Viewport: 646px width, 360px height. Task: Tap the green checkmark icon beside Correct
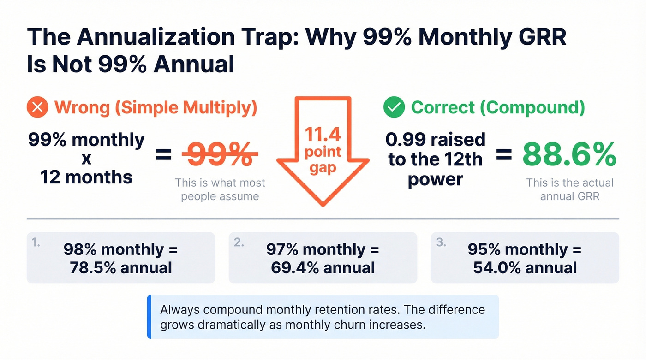[394, 108]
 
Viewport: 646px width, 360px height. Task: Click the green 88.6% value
[570, 155]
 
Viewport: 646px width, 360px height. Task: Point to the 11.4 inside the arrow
[323, 134]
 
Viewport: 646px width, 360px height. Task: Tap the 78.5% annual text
[121, 267]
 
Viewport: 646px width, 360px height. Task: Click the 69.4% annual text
[323, 267]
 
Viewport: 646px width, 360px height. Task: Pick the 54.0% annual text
[525, 267]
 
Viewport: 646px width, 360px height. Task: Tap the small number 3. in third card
[441, 242]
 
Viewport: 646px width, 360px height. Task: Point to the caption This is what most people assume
[220, 189]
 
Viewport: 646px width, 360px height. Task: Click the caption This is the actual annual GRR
[570, 189]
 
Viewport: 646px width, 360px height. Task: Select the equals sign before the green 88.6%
[503, 156]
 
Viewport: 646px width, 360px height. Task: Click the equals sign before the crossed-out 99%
[163, 156]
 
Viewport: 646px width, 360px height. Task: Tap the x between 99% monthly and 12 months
[86, 158]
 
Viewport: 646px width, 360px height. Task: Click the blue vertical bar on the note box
[149, 317]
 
